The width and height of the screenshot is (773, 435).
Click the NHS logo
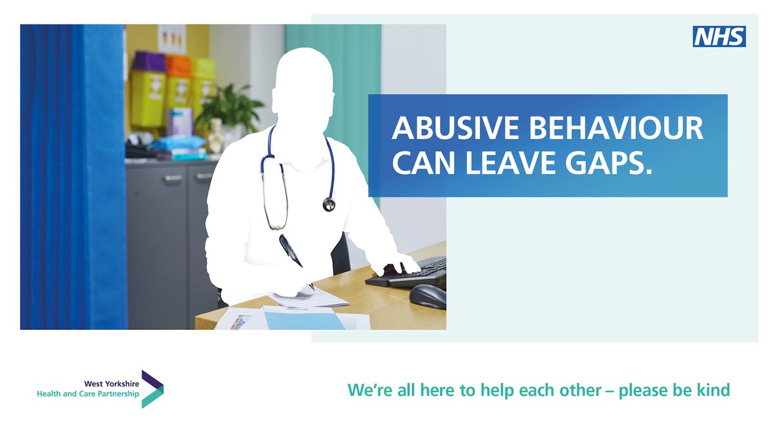click(719, 37)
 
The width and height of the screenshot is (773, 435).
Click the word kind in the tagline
click(714, 390)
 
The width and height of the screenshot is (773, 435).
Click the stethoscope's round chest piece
click(329, 205)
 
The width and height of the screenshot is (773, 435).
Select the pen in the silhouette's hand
click(291, 252)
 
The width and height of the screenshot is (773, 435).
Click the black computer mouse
click(428, 296)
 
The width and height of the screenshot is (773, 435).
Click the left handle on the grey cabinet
click(173, 178)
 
